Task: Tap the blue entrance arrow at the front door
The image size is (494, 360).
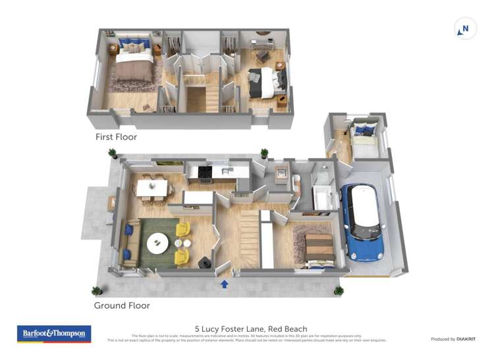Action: (225, 284)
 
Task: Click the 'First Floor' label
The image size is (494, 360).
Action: (117, 137)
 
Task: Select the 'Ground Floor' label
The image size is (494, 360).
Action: (122, 305)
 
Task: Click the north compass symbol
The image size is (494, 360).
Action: (465, 29)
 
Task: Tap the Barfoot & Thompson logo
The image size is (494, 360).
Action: (54, 334)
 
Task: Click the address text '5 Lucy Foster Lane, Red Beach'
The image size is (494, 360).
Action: (251, 328)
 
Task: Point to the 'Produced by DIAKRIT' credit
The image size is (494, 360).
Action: (453, 339)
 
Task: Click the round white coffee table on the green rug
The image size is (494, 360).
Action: (158, 244)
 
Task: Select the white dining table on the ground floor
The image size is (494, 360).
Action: (152, 188)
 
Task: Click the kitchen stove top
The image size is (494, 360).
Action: (205, 172)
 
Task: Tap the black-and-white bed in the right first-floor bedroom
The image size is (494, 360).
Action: (267, 83)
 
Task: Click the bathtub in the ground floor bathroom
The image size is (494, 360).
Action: (323, 198)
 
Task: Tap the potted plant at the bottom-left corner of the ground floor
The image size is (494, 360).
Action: (97, 290)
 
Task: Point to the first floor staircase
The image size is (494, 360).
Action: (197, 99)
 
